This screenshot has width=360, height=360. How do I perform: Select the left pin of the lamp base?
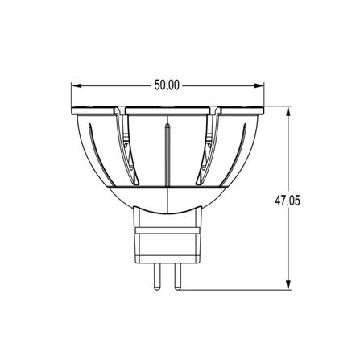158,274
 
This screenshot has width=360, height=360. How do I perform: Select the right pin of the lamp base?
173,274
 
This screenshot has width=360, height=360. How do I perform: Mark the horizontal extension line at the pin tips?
234,289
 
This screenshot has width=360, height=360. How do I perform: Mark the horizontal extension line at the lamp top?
278,106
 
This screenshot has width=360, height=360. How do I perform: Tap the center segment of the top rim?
168,109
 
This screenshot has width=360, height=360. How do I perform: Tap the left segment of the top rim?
97,109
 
